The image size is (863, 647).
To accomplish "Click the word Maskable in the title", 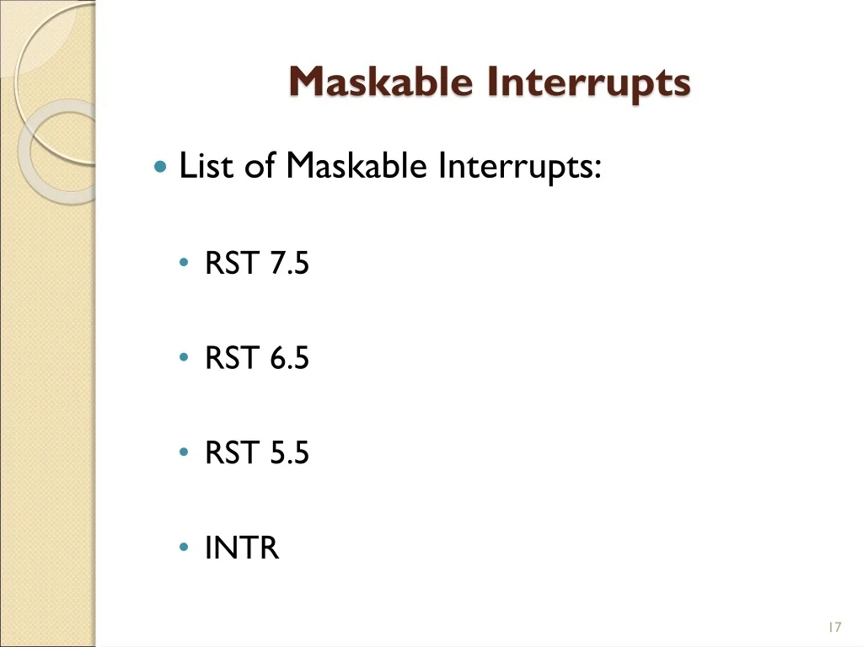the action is pos(381,82).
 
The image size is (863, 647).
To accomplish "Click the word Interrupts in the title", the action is pos(588,83).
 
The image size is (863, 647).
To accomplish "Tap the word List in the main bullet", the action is pos(206,165).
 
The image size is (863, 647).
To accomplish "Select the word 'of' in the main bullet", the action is pos(260,165).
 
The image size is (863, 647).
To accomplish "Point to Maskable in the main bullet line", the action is pos(356,165).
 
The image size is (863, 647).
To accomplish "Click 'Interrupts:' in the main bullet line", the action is pos(519,168).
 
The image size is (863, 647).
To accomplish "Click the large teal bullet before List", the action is pos(160,166).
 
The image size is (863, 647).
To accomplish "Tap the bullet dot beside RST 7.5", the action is pos(184,263).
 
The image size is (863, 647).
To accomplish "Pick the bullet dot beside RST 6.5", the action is pos(184,357).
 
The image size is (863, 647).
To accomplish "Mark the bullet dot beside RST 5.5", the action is pos(184,452).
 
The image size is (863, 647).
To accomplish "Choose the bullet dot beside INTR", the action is pos(184,547).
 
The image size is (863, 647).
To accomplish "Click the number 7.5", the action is pos(290,263).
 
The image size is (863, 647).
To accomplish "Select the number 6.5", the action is pos(290,357).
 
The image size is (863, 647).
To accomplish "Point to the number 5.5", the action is pos(290,452).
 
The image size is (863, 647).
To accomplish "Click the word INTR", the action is pos(242,548).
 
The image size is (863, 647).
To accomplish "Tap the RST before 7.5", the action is pos(233,263).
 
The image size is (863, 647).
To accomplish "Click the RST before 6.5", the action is pos(233,357).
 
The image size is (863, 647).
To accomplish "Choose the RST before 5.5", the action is pos(233,452).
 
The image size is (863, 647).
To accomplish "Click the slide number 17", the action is pos(834,627).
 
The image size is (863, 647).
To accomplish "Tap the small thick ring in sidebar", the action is pos(24,152).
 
